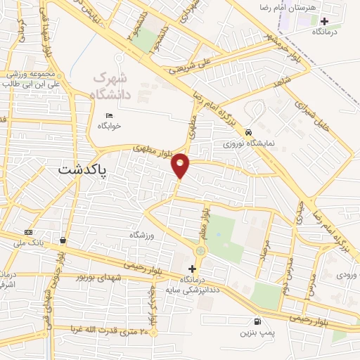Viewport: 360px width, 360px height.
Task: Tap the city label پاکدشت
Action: (79, 169)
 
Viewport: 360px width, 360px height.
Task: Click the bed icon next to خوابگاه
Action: (109, 116)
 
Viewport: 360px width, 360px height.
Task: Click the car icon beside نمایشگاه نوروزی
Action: (249, 132)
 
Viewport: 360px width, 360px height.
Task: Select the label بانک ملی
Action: (28, 243)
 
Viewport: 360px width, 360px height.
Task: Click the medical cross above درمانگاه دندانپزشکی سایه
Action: (193, 269)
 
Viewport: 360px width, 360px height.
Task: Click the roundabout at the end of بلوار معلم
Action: (201, 251)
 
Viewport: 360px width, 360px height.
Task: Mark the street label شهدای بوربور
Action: (103, 277)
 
